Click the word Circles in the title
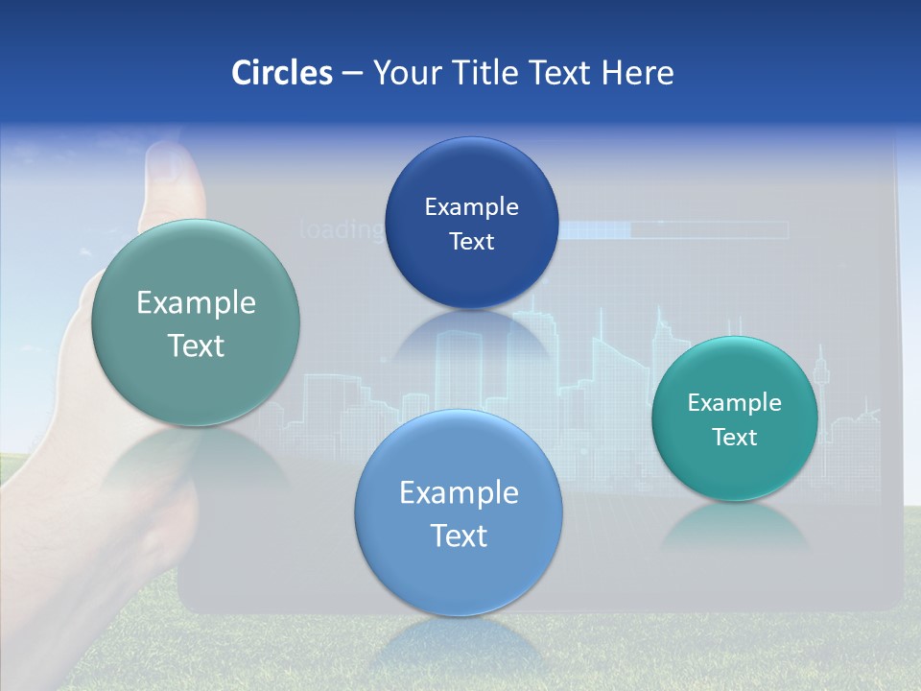pos(281,73)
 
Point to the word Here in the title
pos(638,73)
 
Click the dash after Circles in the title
pos(352,74)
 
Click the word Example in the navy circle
pos(471,207)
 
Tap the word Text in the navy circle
pos(471,242)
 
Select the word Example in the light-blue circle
pos(459,493)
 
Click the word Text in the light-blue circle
pos(459,536)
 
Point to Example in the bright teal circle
pos(735,403)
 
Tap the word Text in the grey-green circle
pos(196,345)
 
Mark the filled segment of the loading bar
pos(594,230)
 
